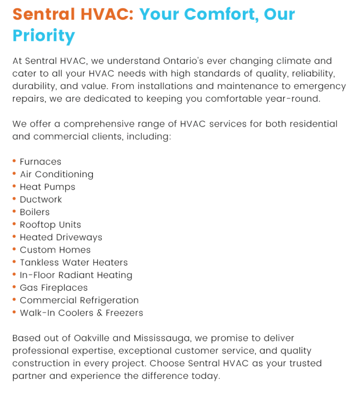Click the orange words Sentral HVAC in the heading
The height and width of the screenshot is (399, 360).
(x=73, y=14)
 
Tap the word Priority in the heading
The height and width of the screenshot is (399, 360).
(x=44, y=36)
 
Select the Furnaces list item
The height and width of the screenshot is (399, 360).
(x=40, y=162)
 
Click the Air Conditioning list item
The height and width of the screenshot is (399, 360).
(x=56, y=174)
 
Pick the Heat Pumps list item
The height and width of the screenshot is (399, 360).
(x=47, y=187)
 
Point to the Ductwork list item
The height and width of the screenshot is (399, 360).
(x=41, y=200)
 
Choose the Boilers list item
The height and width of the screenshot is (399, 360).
(x=35, y=212)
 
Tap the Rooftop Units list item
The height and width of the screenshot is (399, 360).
(x=50, y=225)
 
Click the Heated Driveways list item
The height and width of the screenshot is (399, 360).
(x=61, y=238)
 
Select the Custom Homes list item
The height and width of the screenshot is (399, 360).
(x=55, y=250)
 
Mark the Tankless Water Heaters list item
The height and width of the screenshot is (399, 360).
(x=74, y=263)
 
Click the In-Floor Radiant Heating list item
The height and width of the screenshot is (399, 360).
(x=76, y=276)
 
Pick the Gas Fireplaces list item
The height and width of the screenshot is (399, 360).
(x=53, y=288)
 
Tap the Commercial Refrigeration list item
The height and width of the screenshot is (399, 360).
(x=79, y=301)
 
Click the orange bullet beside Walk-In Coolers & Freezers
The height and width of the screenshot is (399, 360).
(x=15, y=312)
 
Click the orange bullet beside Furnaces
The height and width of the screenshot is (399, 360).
(x=15, y=161)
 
